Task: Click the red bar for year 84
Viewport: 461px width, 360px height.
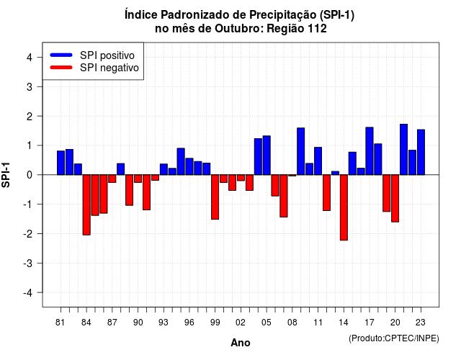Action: coord(86,204)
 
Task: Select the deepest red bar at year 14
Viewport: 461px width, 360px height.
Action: coord(344,207)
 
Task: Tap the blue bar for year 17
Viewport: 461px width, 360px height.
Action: coord(370,151)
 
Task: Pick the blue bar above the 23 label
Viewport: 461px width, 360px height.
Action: coord(421,152)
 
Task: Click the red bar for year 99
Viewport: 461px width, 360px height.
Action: coord(215,197)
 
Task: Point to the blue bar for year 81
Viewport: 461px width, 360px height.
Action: coord(61,163)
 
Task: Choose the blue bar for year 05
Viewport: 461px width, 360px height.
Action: coord(267,156)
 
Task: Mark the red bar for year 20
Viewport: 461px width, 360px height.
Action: coord(395,199)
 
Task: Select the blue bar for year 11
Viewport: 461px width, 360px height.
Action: coord(318,161)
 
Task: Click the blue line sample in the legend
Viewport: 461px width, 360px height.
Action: coord(61,55)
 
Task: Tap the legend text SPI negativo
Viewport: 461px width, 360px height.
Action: coord(109,68)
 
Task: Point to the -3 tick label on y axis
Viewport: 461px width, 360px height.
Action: coord(29,264)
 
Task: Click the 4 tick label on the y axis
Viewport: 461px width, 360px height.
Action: coord(30,58)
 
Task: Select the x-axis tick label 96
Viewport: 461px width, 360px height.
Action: coord(189,323)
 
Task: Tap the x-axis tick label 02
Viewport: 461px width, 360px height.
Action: coord(241,323)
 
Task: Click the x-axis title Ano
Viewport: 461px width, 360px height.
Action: coord(241,343)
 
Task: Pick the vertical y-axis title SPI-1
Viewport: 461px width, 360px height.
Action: coord(6,175)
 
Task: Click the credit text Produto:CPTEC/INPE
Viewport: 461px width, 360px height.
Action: coord(394,338)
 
